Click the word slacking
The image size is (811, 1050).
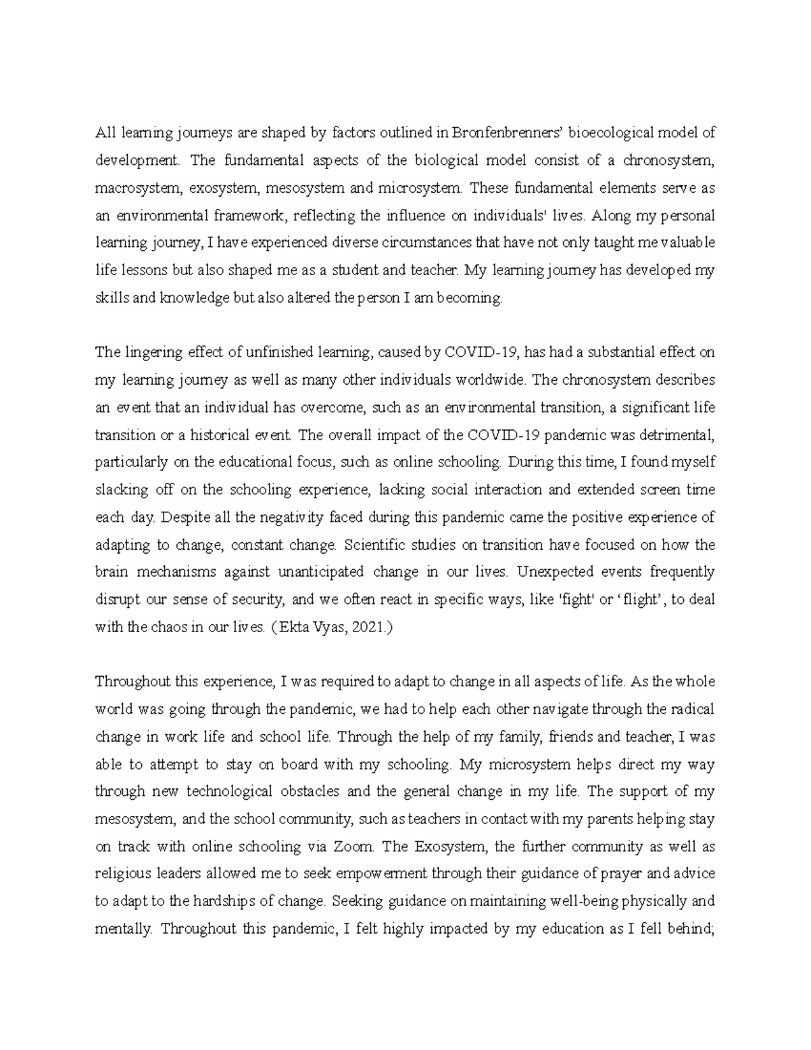[118, 490]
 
